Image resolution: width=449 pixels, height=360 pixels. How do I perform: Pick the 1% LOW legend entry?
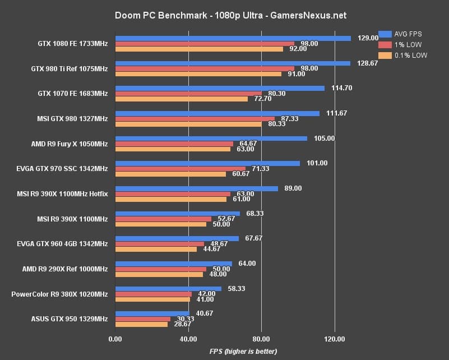pos(400,44)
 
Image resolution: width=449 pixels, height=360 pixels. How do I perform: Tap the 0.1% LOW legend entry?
pos(402,55)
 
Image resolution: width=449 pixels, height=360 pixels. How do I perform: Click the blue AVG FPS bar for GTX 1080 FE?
pos(233,38)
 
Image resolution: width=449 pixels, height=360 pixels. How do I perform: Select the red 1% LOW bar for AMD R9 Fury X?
pos(174,144)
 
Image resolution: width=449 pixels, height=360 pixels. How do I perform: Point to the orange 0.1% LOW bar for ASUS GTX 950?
pos(141,324)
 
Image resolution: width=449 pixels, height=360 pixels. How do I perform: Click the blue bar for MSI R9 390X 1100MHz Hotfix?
pos(196,188)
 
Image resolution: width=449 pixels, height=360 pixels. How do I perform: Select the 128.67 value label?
pos(368,63)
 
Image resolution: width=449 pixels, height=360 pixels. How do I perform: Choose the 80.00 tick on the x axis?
pos(261,339)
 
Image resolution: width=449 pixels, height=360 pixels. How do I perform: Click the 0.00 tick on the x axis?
pos(115,339)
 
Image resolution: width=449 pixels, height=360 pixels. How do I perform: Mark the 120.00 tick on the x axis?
pos(334,339)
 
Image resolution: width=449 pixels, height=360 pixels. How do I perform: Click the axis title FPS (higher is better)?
pos(243,351)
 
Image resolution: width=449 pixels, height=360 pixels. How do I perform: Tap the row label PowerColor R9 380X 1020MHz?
pos(59,294)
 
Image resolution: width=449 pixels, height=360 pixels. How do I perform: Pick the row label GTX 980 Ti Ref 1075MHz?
pos(70,68)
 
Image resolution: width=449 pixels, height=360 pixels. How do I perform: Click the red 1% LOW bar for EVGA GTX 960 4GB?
pos(160,244)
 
